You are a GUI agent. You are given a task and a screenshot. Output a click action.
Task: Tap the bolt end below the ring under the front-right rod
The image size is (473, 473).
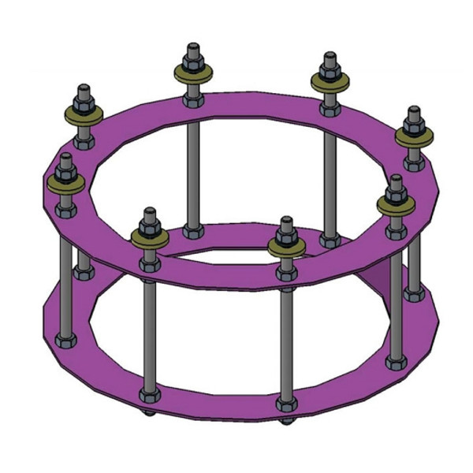pyautogui.click(x=285, y=419)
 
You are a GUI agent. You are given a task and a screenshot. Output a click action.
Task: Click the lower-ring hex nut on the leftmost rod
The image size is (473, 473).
pyautogui.click(x=64, y=340)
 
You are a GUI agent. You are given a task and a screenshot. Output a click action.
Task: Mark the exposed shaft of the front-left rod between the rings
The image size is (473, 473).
pyautogui.click(x=147, y=331)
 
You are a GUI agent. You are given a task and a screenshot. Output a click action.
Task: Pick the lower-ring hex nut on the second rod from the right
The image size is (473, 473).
pyautogui.click(x=395, y=362)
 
